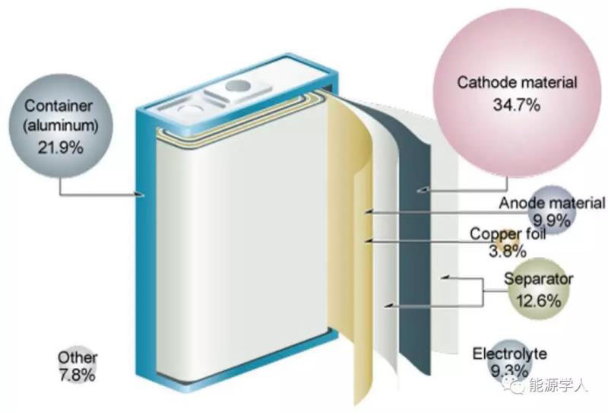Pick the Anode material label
[552, 203]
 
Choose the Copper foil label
[507, 234]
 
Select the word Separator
[538, 280]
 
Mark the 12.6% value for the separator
[538, 299]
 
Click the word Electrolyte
[509, 354]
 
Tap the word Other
[77, 359]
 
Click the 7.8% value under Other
[77, 375]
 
